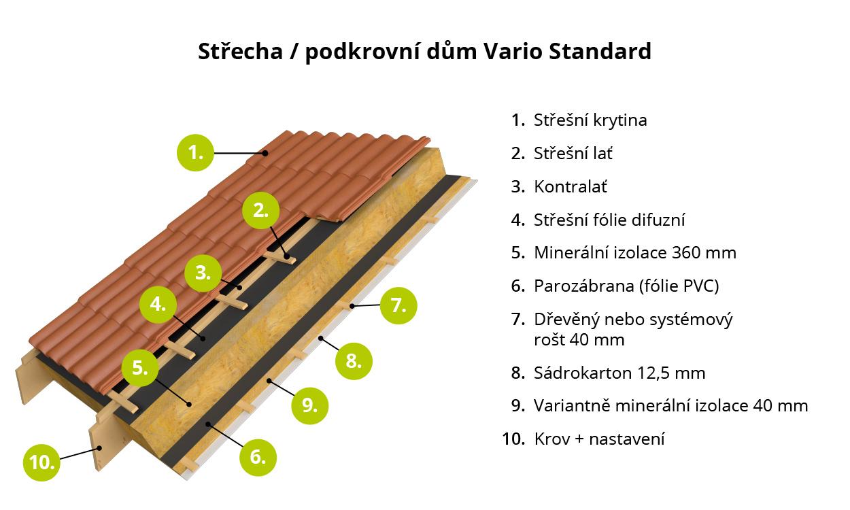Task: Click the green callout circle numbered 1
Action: point(195,153)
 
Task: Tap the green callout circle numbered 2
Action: point(260,211)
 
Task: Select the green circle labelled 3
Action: point(203,273)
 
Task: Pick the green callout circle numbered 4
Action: point(158,305)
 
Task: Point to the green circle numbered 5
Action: point(140,368)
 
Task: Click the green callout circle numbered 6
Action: point(258,457)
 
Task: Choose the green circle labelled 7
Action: point(398,305)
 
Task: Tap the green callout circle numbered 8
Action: point(354,361)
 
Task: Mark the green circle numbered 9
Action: point(309,406)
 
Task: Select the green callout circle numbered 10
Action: point(41,462)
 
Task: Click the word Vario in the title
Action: point(513,51)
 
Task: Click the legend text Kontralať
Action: point(571,186)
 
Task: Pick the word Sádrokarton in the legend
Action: point(583,373)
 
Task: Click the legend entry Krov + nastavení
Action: point(599,439)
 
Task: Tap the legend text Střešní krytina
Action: point(590,120)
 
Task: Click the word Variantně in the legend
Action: point(572,406)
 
